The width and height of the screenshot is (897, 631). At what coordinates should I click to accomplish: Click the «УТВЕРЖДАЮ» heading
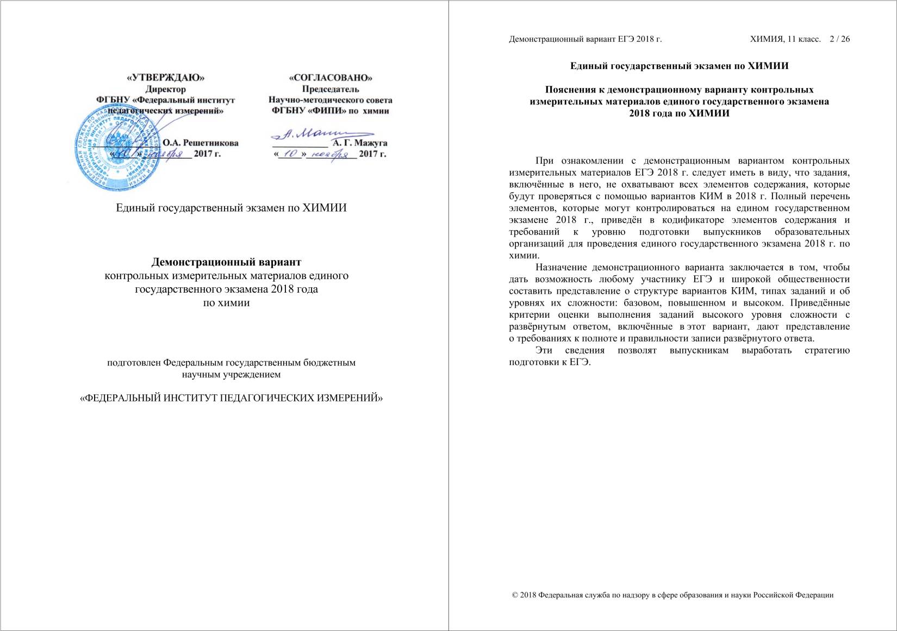point(165,78)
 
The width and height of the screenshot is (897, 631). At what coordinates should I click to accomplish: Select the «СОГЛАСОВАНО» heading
point(331,78)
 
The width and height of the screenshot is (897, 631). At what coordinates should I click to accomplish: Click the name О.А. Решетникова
point(201,143)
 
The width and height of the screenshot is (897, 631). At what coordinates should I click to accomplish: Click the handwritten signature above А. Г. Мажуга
point(321,133)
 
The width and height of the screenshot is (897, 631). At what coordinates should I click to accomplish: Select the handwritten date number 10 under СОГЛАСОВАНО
point(294,154)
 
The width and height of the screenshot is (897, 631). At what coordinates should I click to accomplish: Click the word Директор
point(165,89)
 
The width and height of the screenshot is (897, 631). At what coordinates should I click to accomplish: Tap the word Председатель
point(331,89)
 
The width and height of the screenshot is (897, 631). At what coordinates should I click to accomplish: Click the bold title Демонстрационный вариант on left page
point(226,262)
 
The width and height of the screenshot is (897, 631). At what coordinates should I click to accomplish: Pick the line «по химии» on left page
point(226,302)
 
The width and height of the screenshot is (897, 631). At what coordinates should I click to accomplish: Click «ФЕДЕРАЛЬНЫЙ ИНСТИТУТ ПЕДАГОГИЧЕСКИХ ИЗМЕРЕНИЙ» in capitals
point(232,398)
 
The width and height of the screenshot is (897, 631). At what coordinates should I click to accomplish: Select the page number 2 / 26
point(839,39)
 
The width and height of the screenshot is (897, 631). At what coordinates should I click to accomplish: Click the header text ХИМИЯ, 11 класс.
point(785,39)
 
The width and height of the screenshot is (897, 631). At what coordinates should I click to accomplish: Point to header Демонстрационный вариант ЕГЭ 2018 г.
point(585,39)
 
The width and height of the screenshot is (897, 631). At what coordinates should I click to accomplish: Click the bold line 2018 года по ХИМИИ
point(679,113)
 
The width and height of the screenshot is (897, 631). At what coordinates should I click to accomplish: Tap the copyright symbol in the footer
point(515,595)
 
